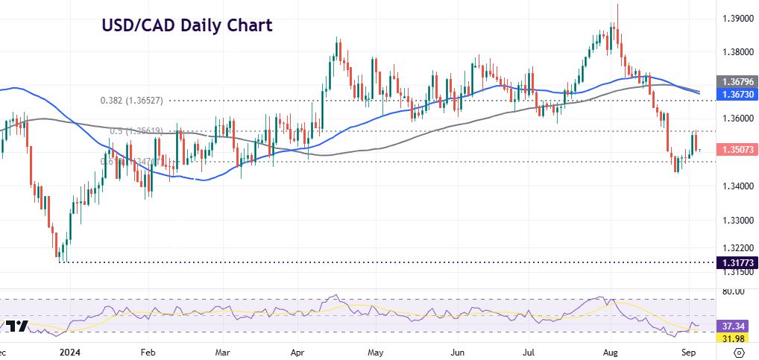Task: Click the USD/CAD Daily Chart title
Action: [x=187, y=25]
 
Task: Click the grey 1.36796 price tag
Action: [x=736, y=81]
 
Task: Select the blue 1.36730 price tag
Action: [x=736, y=95]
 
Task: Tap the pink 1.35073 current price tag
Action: [x=736, y=150]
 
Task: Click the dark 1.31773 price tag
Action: [x=736, y=262]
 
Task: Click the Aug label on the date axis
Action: [x=611, y=351]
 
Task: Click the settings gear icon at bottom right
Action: [x=738, y=351]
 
